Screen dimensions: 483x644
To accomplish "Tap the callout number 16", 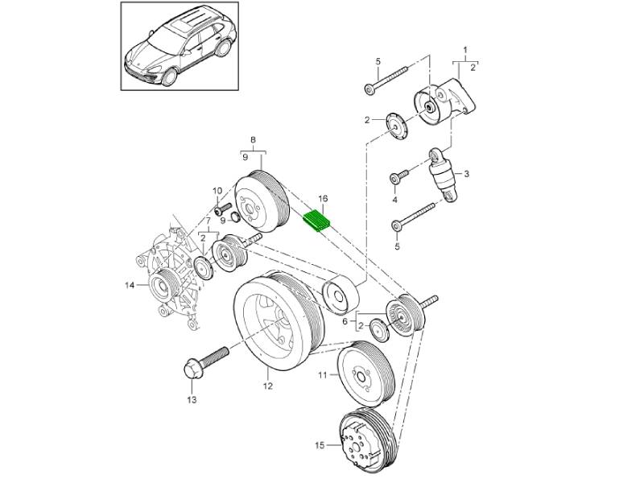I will click(324, 198).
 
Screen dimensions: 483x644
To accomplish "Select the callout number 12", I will click(268, 386).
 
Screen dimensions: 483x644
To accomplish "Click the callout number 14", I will click(129, 284).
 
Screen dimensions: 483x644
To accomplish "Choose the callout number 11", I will click(322, 375).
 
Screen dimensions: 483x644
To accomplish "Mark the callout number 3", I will click(466, 173).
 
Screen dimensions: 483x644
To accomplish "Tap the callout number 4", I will click(395, 200).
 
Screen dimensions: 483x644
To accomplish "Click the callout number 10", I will click(217, 191).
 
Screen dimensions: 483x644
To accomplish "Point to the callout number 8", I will click(254, 140).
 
